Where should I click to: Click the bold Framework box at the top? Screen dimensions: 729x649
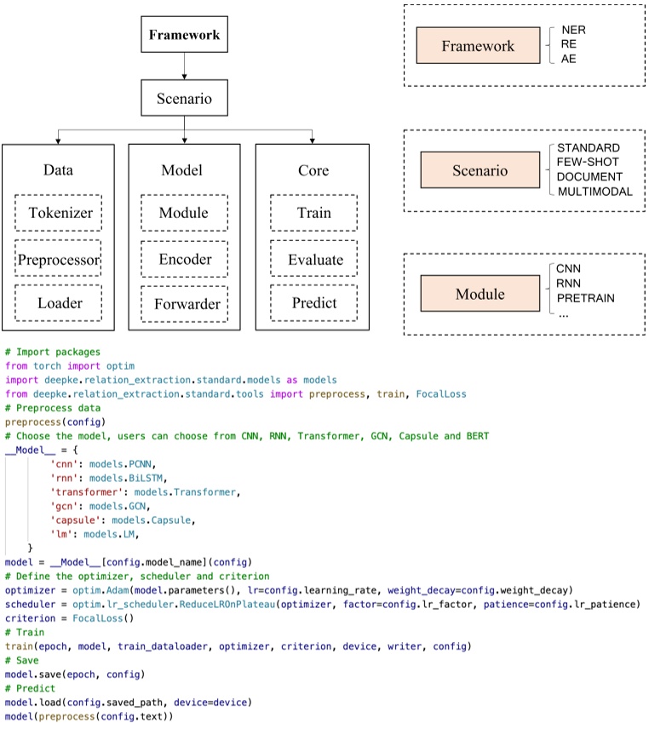click(185, 35)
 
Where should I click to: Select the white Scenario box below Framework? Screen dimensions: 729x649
click(185, 98)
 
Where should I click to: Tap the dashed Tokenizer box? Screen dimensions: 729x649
click(58, 213)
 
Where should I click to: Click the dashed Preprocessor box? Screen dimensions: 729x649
click(58, 259)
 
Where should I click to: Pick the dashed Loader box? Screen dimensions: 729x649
click(58, 303)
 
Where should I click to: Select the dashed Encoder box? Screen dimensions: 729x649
click(185, 259)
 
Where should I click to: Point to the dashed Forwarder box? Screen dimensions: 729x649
click(185, 303)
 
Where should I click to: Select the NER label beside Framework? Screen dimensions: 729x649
click(573, 30)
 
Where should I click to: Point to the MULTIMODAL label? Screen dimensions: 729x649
click(594, 192)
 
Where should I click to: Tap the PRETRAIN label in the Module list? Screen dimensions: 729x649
click(585, 298)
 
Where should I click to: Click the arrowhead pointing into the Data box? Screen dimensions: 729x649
click(58, 139)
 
